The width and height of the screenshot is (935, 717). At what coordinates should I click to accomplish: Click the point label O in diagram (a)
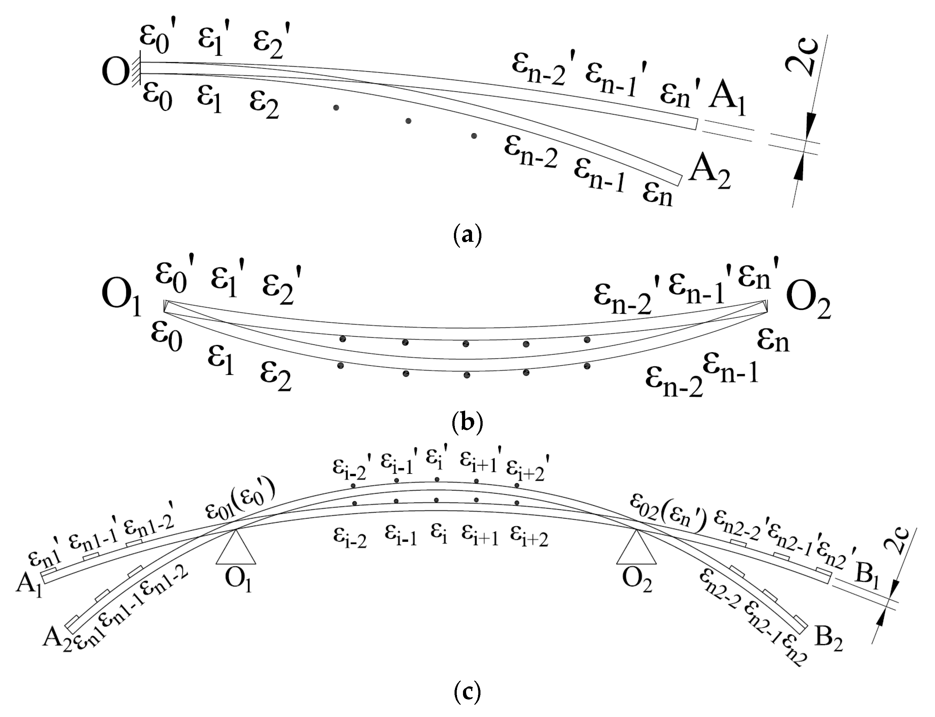[x=115, y=72]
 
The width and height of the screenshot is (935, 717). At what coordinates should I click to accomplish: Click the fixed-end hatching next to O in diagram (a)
[x=137, y=72]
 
